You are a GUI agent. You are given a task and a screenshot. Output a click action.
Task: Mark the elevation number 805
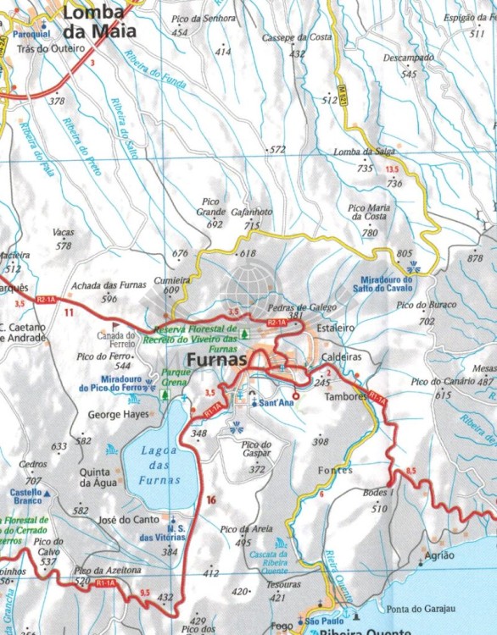[x=405, y=253]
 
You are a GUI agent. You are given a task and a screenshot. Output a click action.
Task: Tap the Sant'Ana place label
[x=276, y=403]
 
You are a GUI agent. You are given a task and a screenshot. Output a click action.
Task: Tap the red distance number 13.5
[x=392, y=169]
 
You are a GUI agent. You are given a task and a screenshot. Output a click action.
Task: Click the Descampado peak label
[x=408, y=59]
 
